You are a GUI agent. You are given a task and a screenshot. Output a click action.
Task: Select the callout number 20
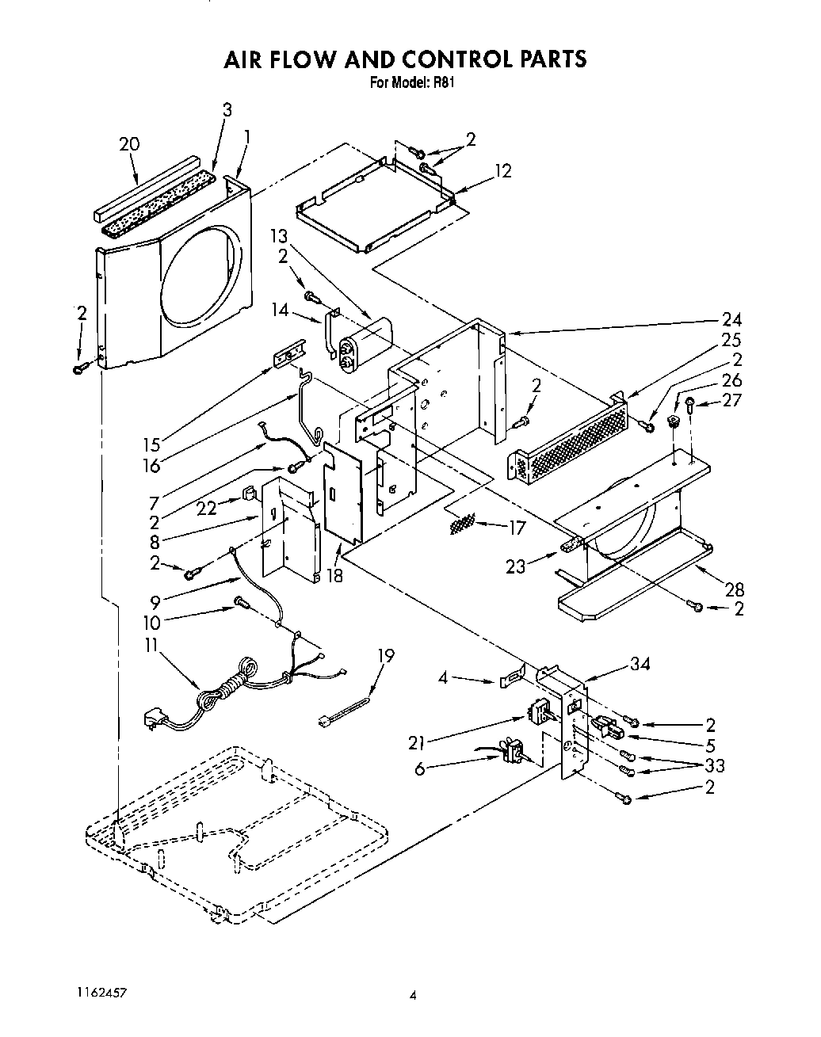129,144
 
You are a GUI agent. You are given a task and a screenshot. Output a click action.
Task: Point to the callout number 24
731,319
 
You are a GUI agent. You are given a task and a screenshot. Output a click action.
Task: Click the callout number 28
734,589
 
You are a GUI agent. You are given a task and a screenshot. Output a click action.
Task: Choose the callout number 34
640,664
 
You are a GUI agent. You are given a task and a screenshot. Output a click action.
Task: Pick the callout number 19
385,655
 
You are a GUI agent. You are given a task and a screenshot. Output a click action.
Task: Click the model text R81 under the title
446,81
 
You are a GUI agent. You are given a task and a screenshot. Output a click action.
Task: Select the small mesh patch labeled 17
462,523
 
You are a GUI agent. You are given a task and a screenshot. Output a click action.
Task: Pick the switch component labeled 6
511,749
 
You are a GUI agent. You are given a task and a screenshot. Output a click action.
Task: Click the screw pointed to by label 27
690,404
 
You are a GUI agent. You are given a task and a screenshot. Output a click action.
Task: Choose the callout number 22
207,509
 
